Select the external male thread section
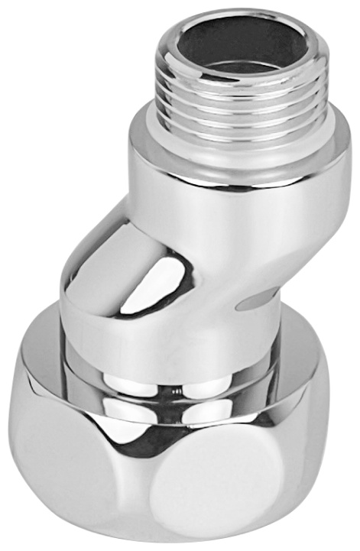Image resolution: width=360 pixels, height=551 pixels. tap(243, 96)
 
